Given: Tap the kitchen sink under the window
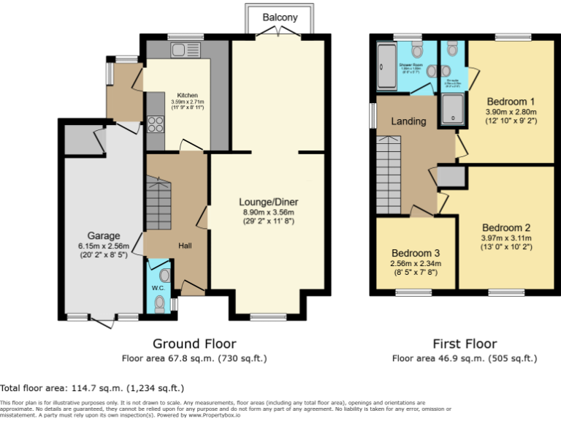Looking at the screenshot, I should pos(179,50).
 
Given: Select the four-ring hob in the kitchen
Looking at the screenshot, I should pos(155,125).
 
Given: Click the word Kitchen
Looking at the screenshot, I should pos(187,95).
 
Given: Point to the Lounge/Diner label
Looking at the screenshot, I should pos(268,202).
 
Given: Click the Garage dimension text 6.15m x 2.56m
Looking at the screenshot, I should pos(104,246).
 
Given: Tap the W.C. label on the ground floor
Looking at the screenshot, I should pos(159,288).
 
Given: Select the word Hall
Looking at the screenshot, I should pos(186,246).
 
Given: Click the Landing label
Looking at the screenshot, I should pos(408,121).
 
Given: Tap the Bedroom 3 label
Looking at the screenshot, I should pos(414,254).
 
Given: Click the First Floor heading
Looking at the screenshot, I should pos(465,344).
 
